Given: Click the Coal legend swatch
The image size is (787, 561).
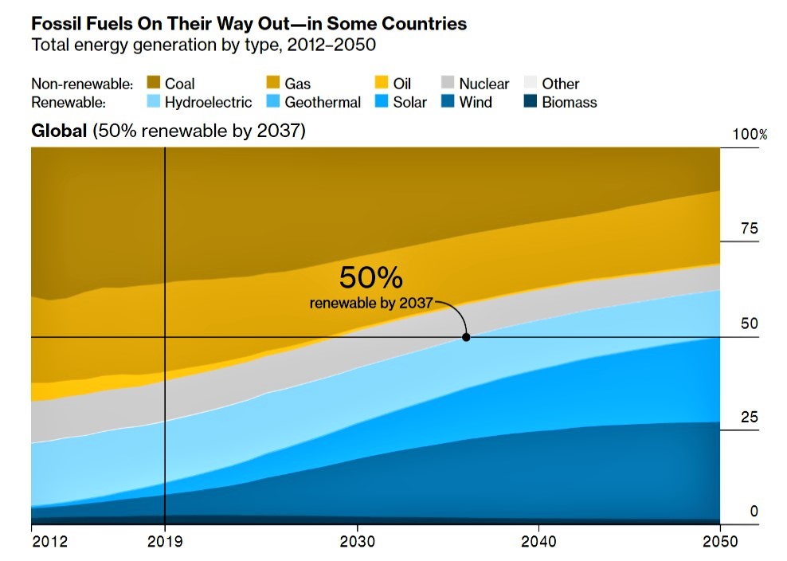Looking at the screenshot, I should (x=153, y=83).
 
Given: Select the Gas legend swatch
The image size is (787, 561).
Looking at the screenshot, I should (x=272, y=83).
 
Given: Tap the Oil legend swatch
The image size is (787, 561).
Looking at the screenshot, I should (x=382, y=83).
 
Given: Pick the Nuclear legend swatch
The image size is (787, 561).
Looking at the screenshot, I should (x=447, y=83).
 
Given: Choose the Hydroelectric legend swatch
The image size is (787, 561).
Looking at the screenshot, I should (x=153, y=102).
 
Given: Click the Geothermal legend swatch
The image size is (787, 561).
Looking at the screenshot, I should (x=272, y=102).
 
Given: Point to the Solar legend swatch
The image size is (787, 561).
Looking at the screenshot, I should (x=382, y=102).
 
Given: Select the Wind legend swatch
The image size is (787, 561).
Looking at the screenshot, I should (x=447, y=102).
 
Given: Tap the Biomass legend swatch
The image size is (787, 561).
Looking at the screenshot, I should (x=530, y=102).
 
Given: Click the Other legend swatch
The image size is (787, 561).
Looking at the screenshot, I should (x=530, y=83).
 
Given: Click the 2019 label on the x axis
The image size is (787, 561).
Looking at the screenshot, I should (x=165, y=542).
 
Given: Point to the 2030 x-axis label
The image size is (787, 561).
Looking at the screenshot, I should (x=357, y=542).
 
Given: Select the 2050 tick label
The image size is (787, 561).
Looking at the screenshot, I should (x=720, y=542).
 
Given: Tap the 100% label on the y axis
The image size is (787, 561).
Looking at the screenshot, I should (x=750, y=135).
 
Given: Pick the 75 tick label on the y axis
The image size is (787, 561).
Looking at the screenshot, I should (x=750, y=229).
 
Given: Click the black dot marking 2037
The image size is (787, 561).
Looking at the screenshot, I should (x=466, y=337).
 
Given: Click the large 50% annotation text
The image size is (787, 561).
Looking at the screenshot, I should (x=370, y=277).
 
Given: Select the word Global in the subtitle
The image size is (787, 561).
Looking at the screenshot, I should (x=59, y=131).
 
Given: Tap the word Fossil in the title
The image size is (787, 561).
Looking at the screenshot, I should (x=56, y=24).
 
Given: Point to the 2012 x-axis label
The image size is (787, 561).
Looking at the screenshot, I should (x=49, y=542).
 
